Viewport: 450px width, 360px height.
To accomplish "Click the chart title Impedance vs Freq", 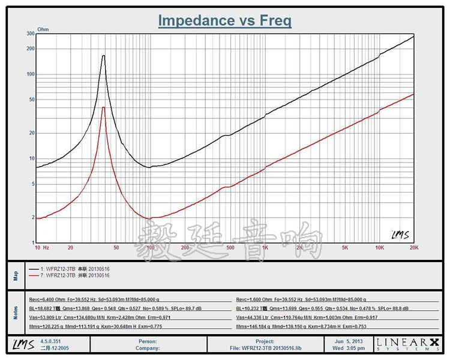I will [224, 20].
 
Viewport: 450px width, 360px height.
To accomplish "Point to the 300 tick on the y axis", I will [30, 34].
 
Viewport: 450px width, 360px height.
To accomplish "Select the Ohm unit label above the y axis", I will [43, 29].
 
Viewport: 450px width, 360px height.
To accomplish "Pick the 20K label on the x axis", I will [413, 247].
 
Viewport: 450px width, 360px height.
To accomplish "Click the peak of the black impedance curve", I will [104, 56].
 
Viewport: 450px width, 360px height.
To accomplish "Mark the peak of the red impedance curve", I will [104, 107].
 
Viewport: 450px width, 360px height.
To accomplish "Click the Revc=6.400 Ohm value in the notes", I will [47, 298].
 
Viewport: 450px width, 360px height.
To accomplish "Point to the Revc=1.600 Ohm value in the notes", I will [254, 298].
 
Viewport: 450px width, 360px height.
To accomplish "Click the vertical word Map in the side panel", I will [16, 274].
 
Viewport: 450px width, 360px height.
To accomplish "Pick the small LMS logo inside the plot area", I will [400, 234].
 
